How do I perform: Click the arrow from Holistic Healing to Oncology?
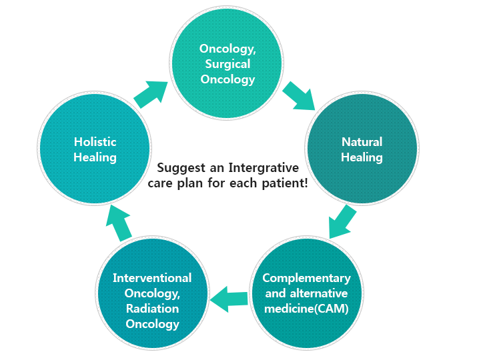click(x=151, y=94)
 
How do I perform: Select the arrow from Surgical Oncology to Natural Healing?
click(x=299, y=95)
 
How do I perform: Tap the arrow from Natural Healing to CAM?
click(x=342, y=221)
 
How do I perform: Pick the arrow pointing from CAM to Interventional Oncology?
click(x=229, y=299)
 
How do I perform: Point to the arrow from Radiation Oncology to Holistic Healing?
click(x=119, y=223)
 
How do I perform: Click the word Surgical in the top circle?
click(x=227, y=64)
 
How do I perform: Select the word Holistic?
click(x=95, y=142)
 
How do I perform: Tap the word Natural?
click(x=362, y=142)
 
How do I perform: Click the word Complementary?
click(x=306, y=279)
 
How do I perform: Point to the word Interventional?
click(x=152, y=278)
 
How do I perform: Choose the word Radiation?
click(x=152, y=309)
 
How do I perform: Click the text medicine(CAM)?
click(x=306, y=309)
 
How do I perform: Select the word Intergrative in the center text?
click(x=264, y=168)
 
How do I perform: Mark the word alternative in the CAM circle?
click(x=319, y=293)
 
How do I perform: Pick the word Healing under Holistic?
click(x=95, y=158)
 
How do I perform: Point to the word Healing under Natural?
click(x=362, y=158)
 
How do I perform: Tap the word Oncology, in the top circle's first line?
click(x=227, y=49)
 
